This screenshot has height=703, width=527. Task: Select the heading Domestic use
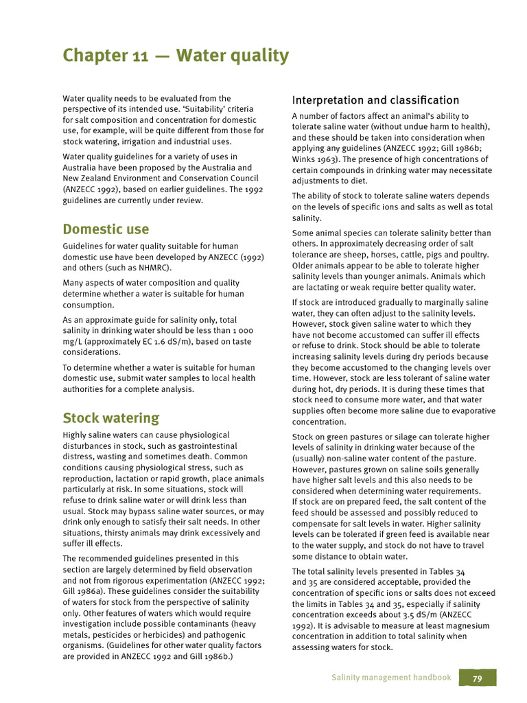tap(106, 229)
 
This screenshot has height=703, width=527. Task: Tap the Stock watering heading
tap(110, 418)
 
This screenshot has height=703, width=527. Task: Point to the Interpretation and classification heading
tap(375, 100)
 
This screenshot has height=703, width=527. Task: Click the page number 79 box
tap(478, 678)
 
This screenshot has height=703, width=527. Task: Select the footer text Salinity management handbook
tap(391, 678)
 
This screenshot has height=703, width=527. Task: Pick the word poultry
tap(472, 255)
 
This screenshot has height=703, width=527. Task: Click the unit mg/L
tap(75, 342)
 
